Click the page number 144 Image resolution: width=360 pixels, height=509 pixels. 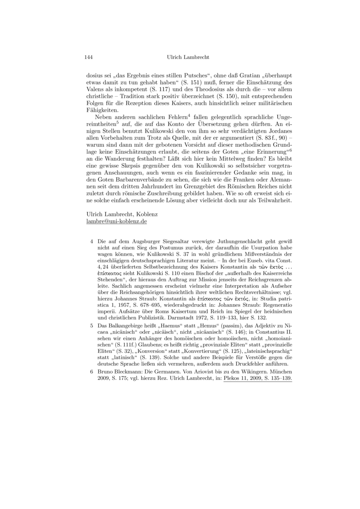point(89,58)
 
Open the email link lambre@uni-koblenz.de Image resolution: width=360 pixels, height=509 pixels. point(116,221)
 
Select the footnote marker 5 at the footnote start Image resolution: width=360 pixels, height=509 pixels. point(92,338)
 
